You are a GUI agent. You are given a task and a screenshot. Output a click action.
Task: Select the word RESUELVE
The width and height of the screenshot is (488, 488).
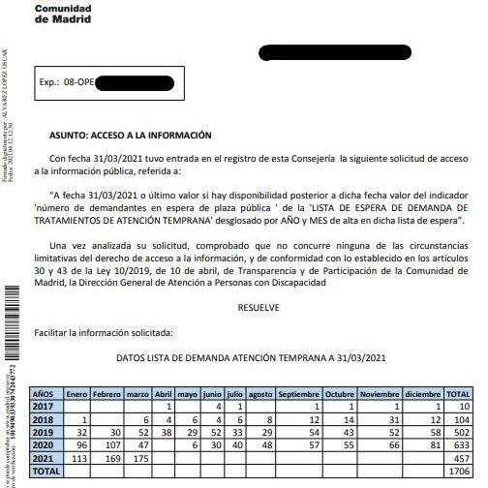point(257,308)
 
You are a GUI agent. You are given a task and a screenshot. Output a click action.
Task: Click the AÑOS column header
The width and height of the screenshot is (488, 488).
point(44,395)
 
